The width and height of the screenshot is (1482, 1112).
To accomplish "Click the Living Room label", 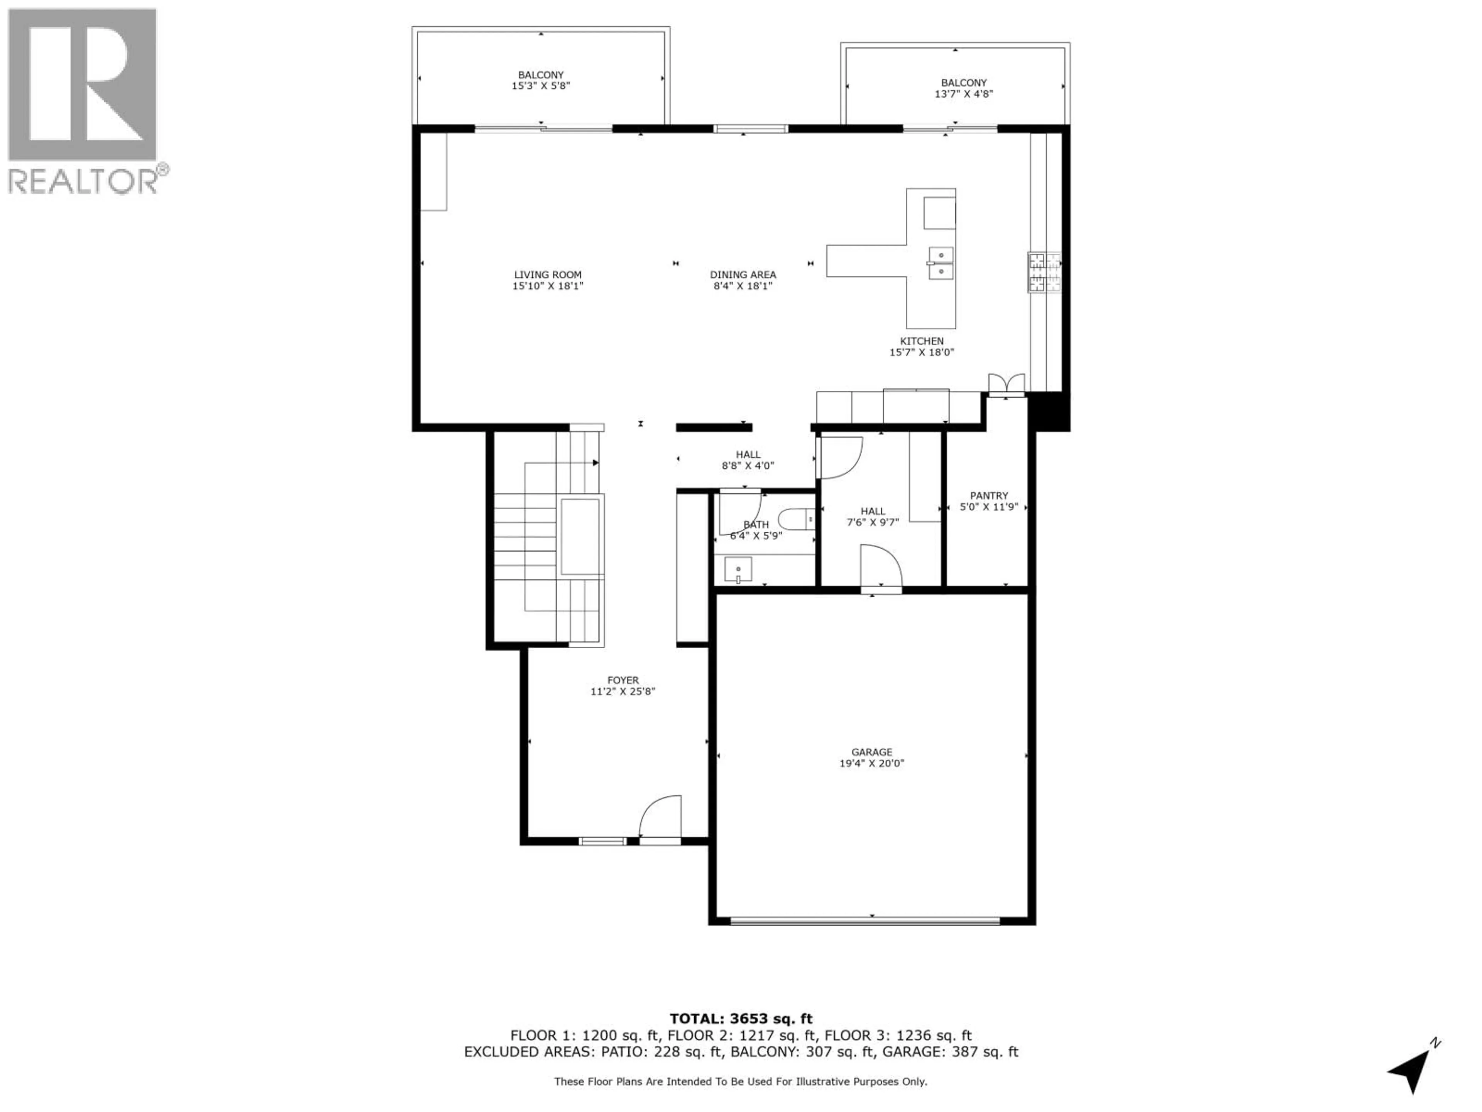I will (547, 275).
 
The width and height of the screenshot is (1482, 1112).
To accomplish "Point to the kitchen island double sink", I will (941, 263).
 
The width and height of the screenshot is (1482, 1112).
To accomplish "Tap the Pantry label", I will (988, 496).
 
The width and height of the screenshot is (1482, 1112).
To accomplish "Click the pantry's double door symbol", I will (1006, 384).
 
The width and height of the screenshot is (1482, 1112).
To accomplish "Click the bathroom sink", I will (738, 570).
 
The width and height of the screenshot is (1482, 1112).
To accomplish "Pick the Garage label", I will (872, 752).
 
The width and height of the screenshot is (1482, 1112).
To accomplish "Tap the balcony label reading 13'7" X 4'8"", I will (963, 94).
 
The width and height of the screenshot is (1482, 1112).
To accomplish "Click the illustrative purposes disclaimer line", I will (740, 1081).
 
